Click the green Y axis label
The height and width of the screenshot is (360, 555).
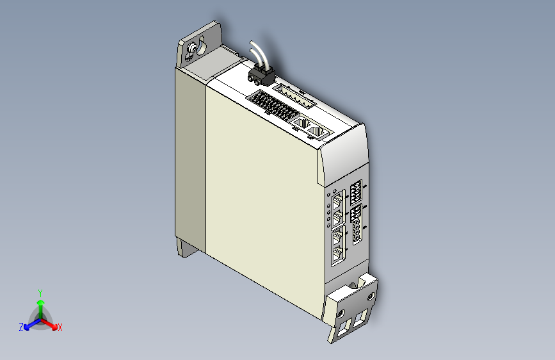pyautogui.click(x=40, y=291)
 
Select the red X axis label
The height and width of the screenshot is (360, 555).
pyautogui.click(x=60, y=327)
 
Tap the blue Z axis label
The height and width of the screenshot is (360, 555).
pyautogui.click(x=21, y=327)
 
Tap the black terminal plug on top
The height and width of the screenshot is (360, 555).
pyautogui.click(x=261, y=76)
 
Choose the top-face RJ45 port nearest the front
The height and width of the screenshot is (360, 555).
pyautogui.click(x=318, y=132)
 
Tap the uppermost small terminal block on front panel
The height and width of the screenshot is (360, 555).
pyautogui.click(x=356, y=192)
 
